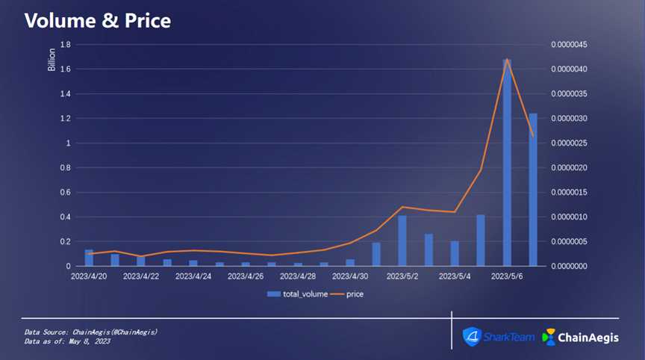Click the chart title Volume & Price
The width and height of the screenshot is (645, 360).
pyautogui.click(x=98, y=20)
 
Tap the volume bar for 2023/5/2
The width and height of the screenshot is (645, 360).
pyautogui.click(x=402, y=240)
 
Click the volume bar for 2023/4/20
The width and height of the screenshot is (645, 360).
pyautogui.click(x=89, y=258)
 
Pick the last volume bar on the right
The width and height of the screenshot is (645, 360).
pyautogui.click(x=533, y=190)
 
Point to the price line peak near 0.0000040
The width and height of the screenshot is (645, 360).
pyautogui.click(x=508, y=59)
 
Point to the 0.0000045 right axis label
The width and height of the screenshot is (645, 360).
pyautogui.click(x=570, y=45)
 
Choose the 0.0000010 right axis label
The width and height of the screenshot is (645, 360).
pyautogui.click(x=570, y=217)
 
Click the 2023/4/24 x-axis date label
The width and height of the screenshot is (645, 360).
pyautogui.click(x=193, y=276)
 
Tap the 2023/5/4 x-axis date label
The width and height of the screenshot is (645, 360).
pyautogui.click(x=455, y=276)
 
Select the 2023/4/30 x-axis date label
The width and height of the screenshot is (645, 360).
pyautogui.click(x=350, y=276)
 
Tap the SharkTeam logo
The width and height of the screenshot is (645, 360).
pyautogui.click(x=498, y=337)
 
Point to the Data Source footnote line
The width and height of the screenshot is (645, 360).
pyautogui.click(x=90, y=331)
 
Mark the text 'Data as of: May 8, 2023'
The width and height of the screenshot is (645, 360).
pyautogui.click(x=67, y=341)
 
